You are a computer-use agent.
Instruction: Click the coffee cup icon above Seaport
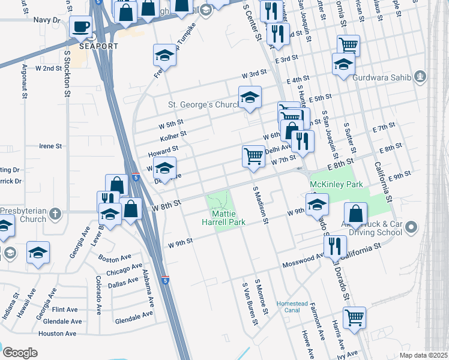pos(80,26)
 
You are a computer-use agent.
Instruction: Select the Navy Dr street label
pos(47,20)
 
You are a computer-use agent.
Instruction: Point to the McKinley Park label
pos(328,184)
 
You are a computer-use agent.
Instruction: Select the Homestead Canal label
pos(292,307)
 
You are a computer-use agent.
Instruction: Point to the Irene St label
pos(50,146)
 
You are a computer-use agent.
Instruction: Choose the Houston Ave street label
pos(57,333)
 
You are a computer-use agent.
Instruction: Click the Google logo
pos(20,353)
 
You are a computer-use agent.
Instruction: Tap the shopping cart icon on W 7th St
pos(253,156)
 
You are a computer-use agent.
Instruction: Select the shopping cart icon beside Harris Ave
pos(354,317)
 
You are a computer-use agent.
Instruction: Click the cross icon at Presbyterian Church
pos(55,213)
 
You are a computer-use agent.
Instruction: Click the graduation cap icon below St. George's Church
pos(250,97)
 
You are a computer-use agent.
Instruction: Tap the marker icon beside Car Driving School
pos(411,227)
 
